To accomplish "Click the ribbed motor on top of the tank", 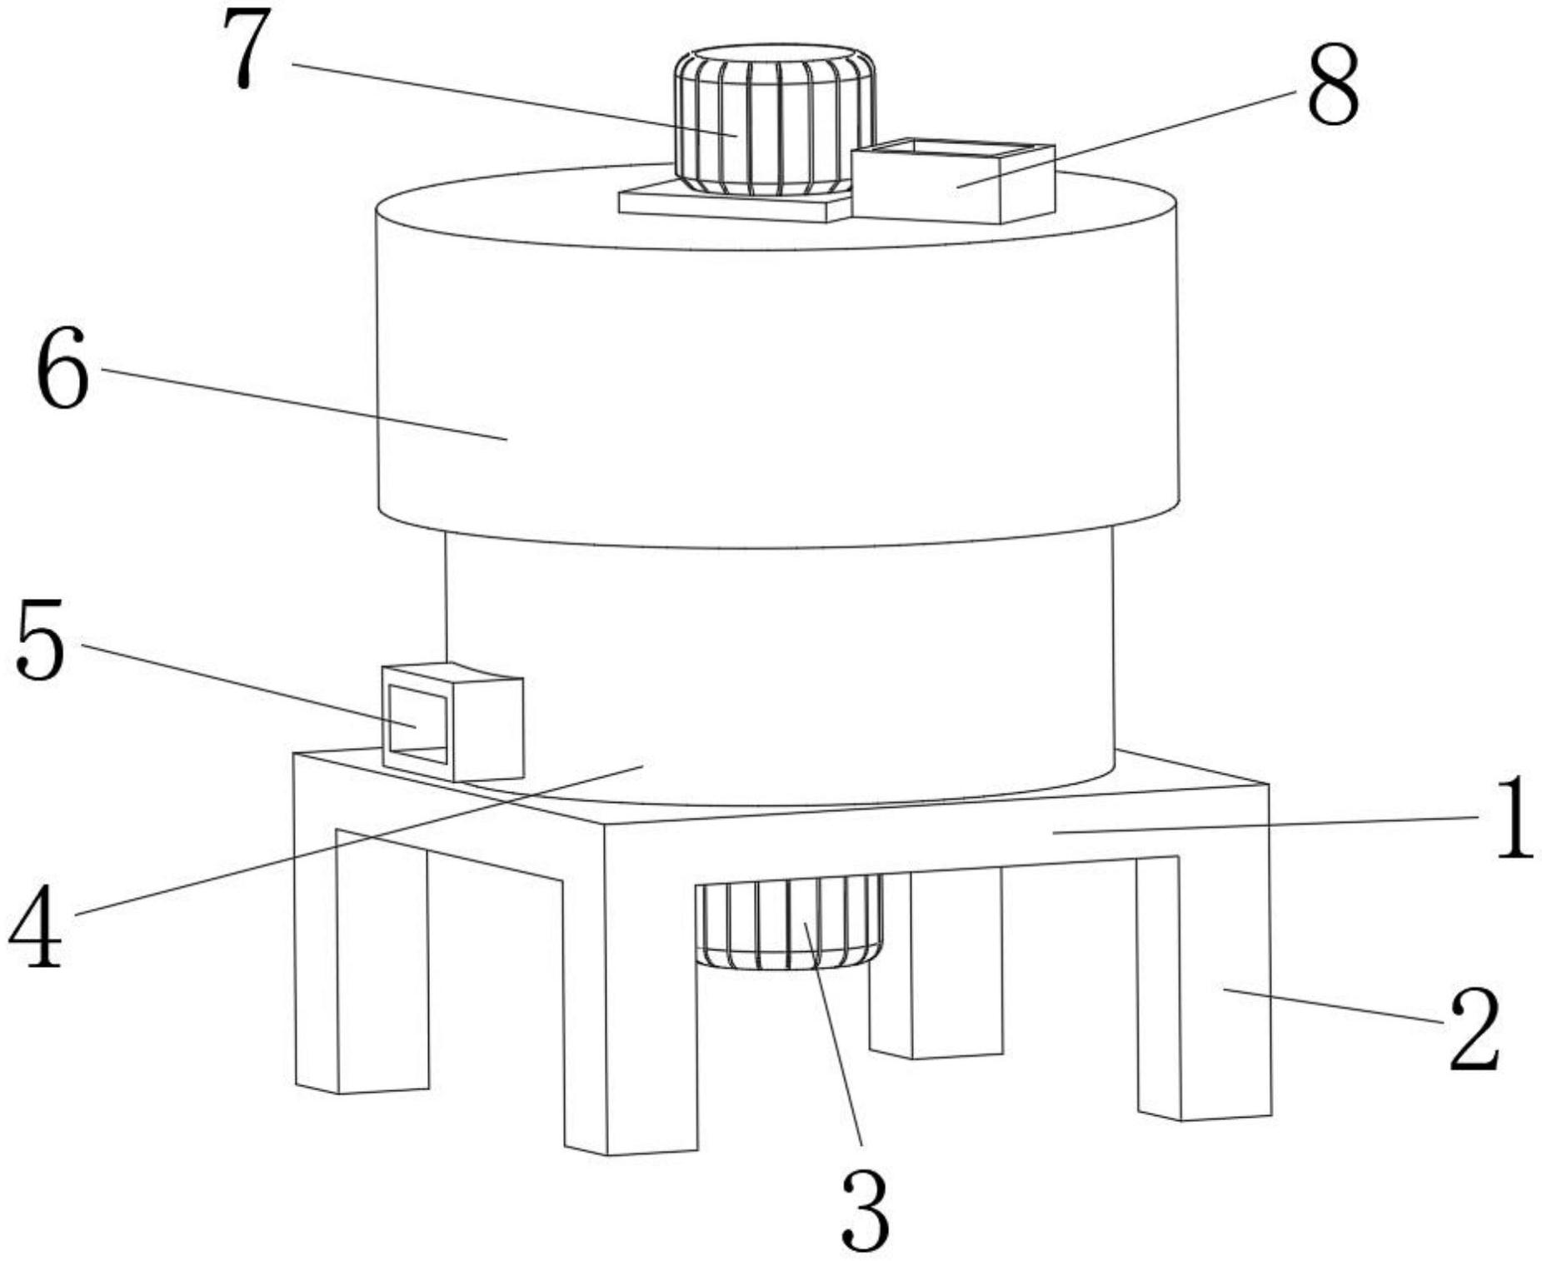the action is (x=775, y=122).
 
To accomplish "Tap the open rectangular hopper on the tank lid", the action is (x=953, y=181).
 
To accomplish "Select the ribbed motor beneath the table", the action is (x=789, y=921).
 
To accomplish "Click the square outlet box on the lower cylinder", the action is (x=452, y=721).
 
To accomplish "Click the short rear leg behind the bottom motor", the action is (x=936, y=964).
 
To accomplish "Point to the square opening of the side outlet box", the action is (x=418, y=723).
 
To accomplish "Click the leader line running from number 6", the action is (x=304, y=404).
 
